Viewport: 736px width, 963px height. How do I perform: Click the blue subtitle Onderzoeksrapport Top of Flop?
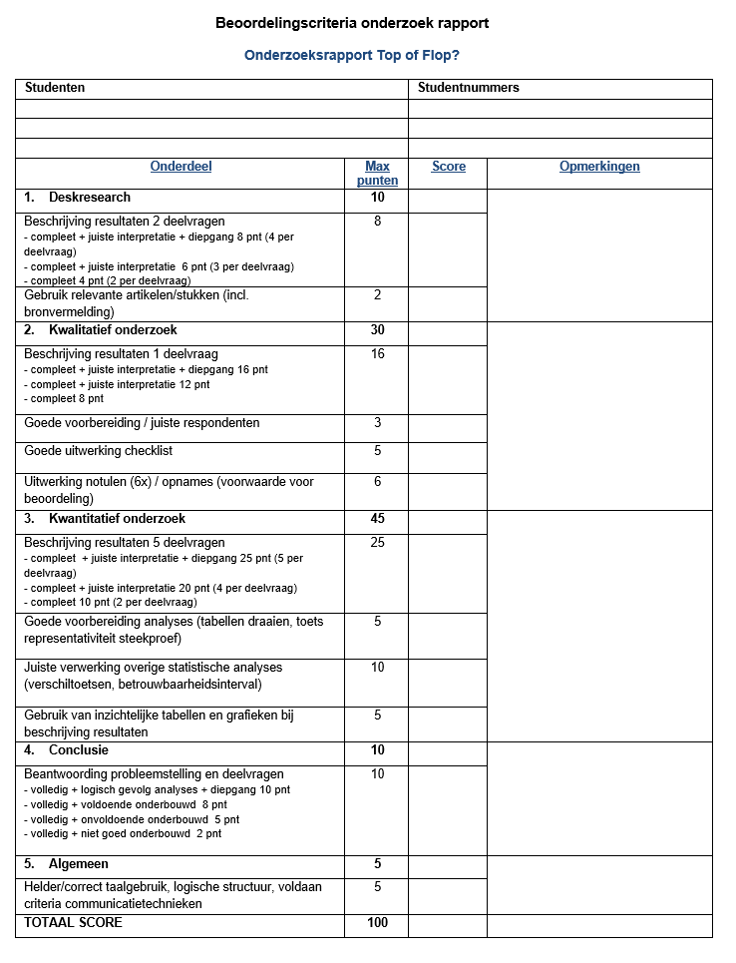352,56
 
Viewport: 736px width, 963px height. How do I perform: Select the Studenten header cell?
55,88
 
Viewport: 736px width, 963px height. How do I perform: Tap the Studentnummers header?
469,88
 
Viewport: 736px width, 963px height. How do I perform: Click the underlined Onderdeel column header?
181,167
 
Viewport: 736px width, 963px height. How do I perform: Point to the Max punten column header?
377,174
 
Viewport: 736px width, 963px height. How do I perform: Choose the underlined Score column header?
448,167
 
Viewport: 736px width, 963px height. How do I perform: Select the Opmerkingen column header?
599,167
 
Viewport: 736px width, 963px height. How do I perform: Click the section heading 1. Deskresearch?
77,198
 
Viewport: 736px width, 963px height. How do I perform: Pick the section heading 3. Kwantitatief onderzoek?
105,519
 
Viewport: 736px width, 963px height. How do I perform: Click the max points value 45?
377,519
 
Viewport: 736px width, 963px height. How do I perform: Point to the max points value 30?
377,330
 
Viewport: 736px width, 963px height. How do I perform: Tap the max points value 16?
377,354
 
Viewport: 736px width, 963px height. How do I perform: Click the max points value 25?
377,543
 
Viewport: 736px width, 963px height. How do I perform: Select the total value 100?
377,923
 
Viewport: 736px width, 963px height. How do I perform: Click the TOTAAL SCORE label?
73,923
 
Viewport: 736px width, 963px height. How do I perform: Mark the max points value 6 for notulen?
377,482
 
